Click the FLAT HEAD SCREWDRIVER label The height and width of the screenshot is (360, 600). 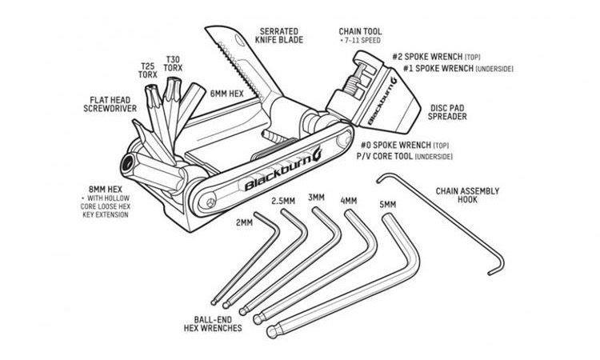coord(114,106)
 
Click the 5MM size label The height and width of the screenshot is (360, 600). coord(389,205)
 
